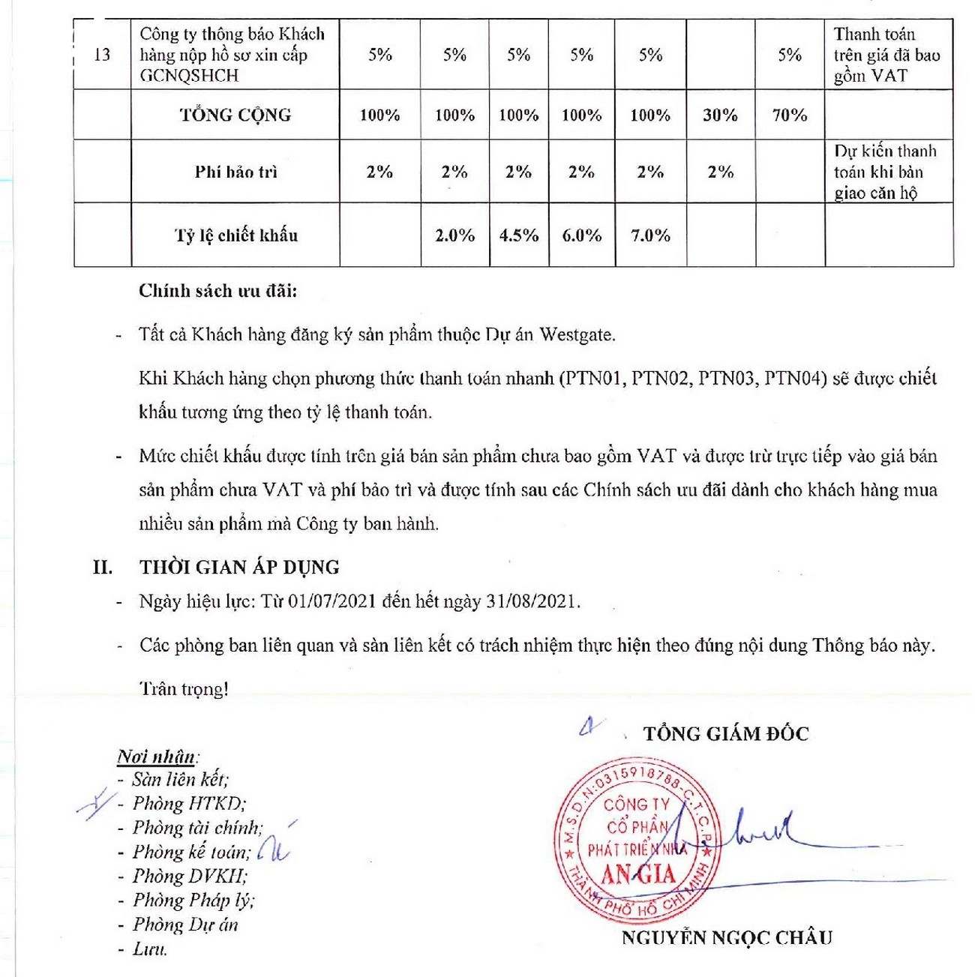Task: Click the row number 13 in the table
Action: tap(102, 55)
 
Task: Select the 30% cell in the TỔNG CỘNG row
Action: tap(720, 115)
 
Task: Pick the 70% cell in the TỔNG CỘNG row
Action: tap(789, 115)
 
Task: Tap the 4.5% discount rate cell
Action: tap(519, 235)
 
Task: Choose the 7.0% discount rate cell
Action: tap(650, 235)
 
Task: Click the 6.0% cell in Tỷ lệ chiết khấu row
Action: tap(582, 235)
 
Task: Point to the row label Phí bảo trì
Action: tap(235, 172)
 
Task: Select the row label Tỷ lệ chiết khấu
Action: tap(235, 235)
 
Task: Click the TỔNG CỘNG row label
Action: tap(235, 115)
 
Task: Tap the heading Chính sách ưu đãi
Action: tap(217, 291)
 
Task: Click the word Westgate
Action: tap(577, 334)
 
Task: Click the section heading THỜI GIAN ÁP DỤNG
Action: tap(239, 567)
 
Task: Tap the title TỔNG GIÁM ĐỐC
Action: tap(726, 733)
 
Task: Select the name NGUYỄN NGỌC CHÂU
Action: tap(727, 937)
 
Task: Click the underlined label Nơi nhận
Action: tap(156, 756)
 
